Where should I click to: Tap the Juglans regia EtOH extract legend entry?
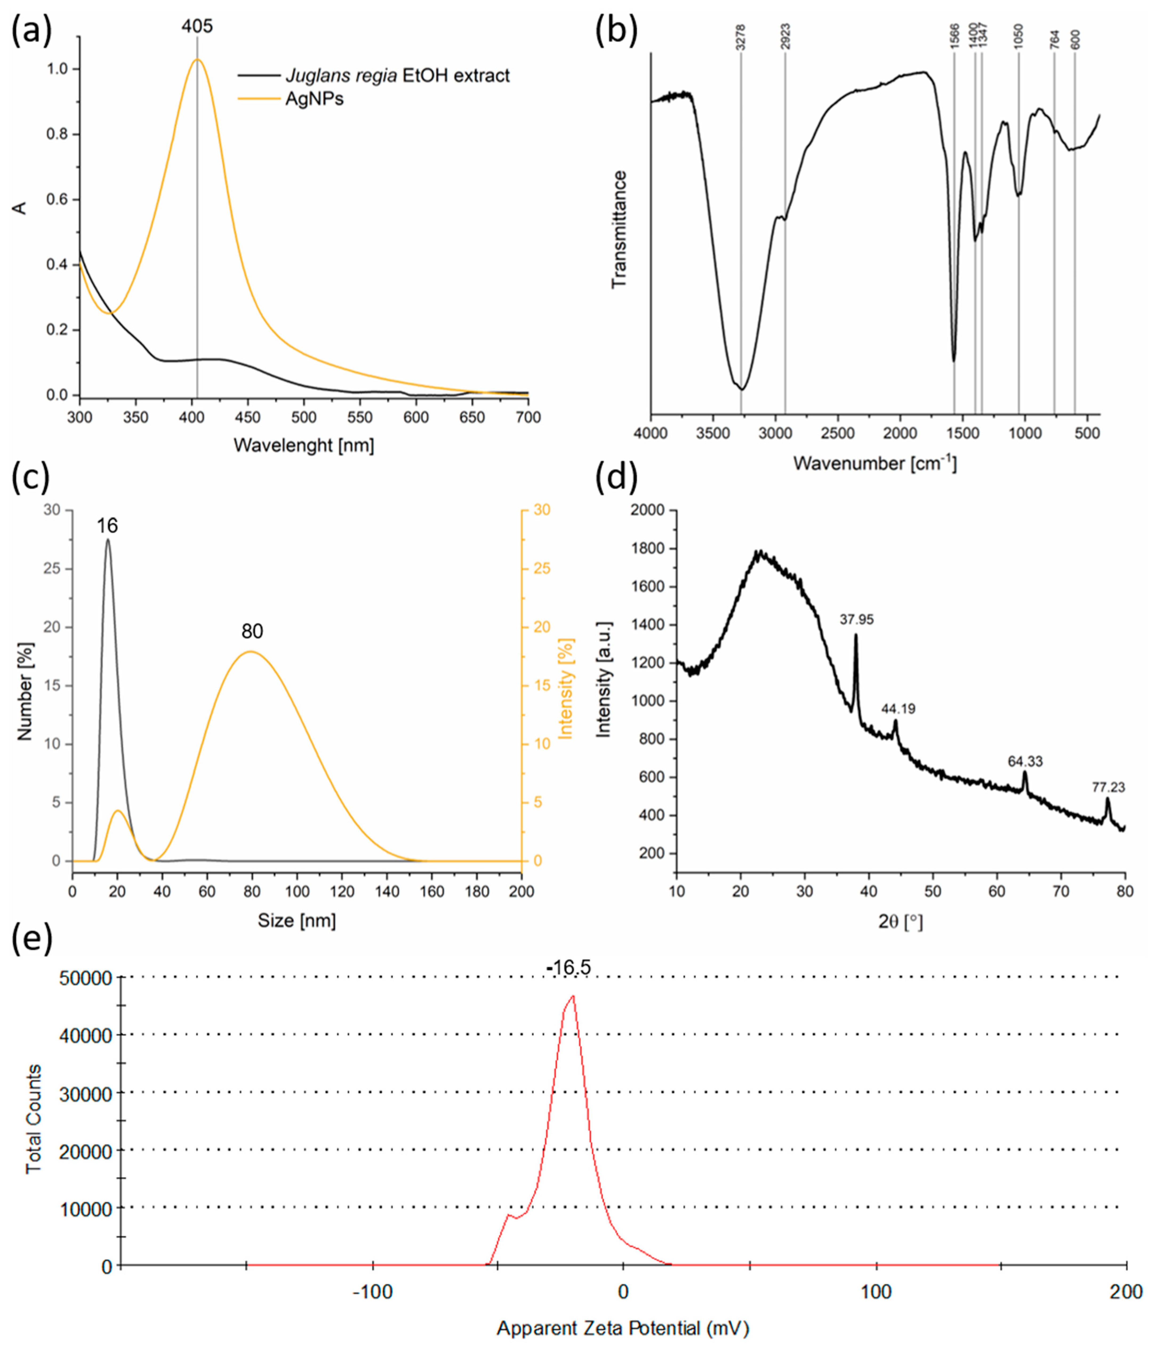397,75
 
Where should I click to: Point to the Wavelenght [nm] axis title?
303,445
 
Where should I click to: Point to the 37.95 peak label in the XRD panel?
856,620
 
